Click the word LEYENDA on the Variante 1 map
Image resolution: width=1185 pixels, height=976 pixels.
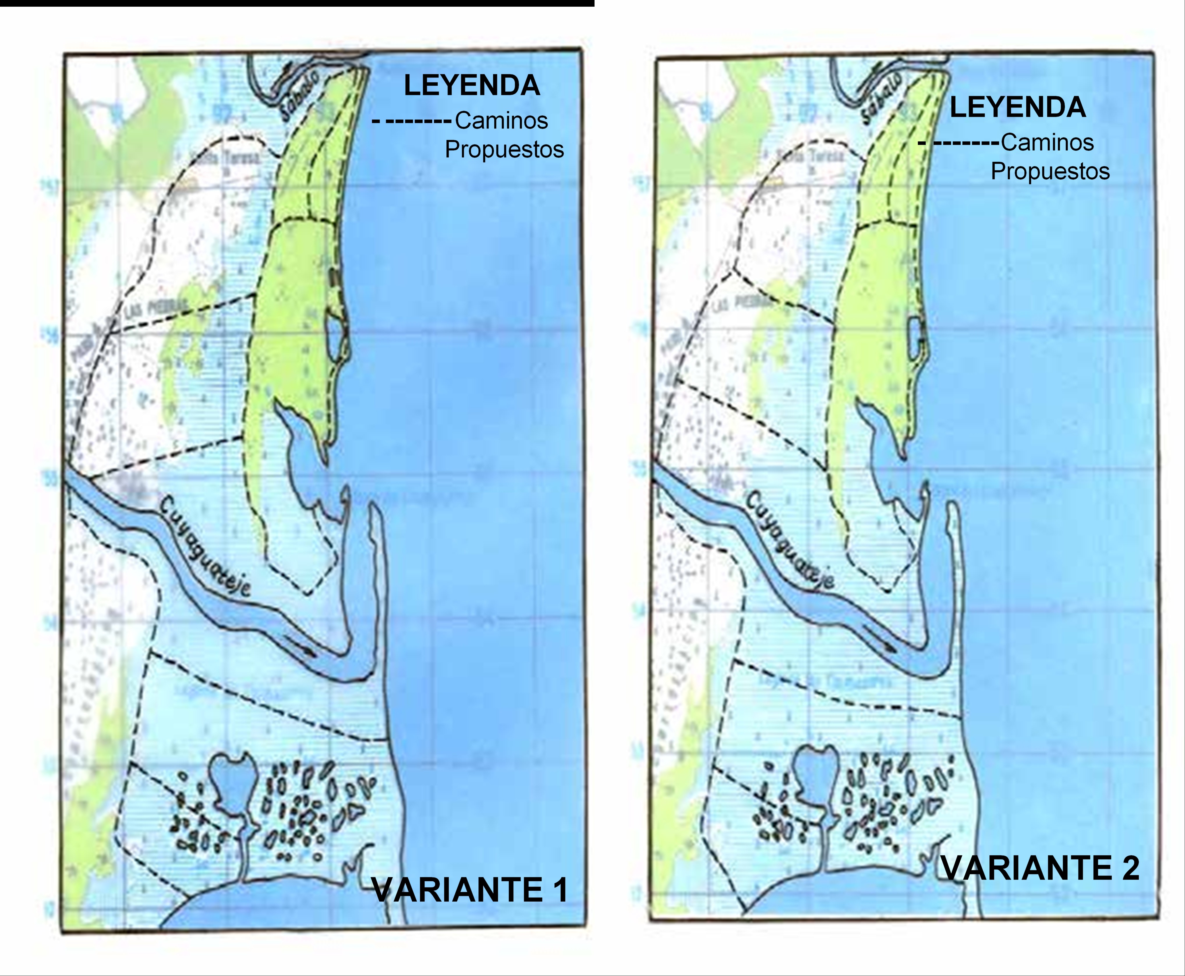tap(471, 86)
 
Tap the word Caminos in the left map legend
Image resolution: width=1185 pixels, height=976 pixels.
tap(501, 120)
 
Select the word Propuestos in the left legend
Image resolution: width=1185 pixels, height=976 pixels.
tap(504, 149)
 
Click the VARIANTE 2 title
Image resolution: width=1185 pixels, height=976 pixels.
tap(1040, 868)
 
